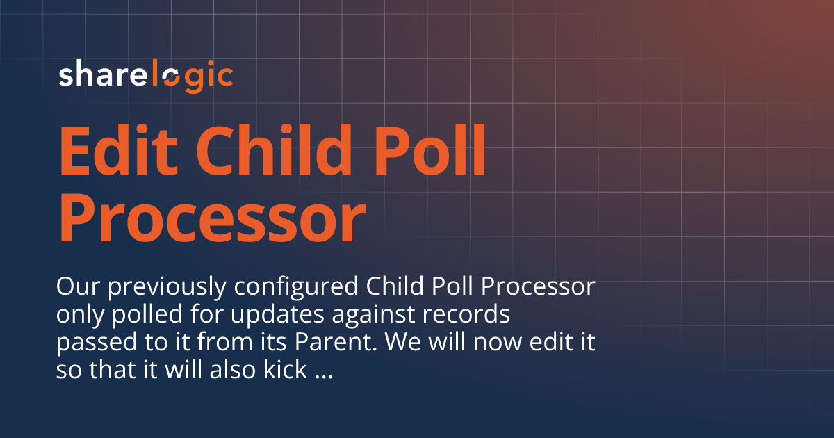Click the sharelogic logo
point(145,76)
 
